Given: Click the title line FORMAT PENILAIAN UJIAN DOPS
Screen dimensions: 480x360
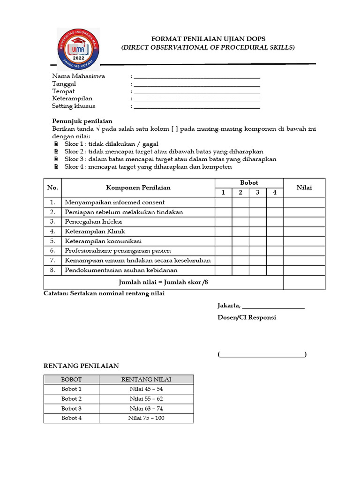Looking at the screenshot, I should tap(208, 39).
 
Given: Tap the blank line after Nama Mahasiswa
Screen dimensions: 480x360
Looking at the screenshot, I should tap(197, 76).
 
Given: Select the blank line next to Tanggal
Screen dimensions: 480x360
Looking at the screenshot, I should tap(197, 84).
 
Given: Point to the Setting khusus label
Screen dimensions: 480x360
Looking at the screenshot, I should tap(74, 106).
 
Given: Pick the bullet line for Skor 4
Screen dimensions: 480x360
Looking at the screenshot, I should tap(148, 166).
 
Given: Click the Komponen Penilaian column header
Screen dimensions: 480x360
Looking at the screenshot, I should tap(138, 187).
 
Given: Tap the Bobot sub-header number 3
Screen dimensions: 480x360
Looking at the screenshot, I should tap(257, 192).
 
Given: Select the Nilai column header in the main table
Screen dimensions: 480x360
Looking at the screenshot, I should tap(304, 187).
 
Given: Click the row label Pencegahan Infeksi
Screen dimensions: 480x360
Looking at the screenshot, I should tap(93, 221).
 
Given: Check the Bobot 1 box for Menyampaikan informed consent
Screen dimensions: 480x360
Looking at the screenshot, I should tap(224, 202).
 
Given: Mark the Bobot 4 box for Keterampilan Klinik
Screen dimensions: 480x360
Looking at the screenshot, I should tap(275, 231).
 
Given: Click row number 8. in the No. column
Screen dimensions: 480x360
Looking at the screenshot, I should tap(52, 270).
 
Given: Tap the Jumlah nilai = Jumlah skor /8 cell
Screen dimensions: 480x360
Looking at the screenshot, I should tap(163, 283).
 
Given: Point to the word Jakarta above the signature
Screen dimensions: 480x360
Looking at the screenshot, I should tap(229, 306).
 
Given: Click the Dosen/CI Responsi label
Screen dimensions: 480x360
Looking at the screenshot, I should tap(247, 317).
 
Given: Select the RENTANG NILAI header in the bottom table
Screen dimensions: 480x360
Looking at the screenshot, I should tap(146, 379).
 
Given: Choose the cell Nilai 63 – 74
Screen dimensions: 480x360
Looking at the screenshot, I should tap(146, 408).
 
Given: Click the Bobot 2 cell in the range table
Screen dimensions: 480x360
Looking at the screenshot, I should tap(71, 398).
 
